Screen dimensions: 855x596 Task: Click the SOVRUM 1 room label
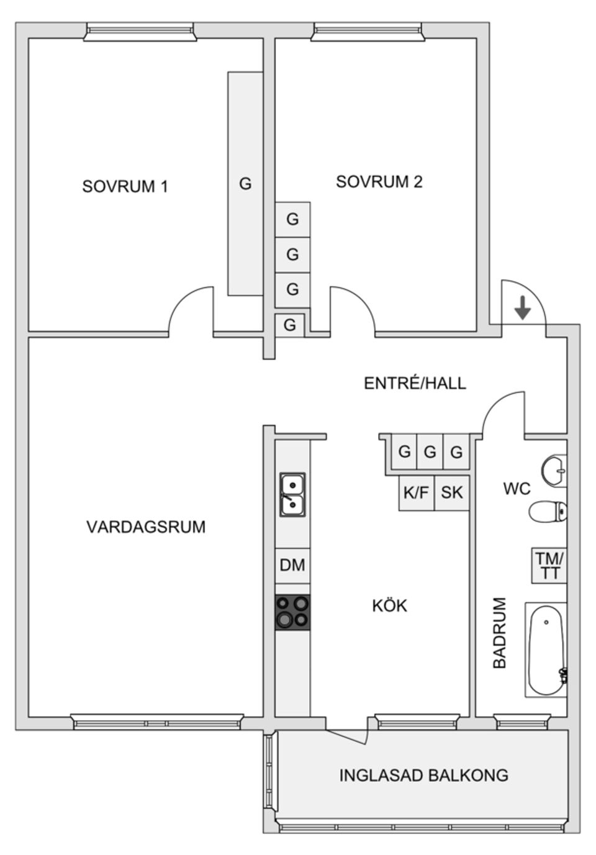coord(125,186)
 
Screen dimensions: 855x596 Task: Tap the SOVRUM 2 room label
coord(379,182)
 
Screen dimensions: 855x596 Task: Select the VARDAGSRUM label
coord(145,527)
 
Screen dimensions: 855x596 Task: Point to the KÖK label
coord(389,605)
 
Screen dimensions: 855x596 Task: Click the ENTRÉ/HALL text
coord(414,383)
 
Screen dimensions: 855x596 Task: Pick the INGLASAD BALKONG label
coord(423,776)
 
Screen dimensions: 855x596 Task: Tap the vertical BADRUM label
coord(500,633)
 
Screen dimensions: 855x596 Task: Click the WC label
coord(517,489)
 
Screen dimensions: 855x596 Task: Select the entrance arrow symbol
coord(523,307)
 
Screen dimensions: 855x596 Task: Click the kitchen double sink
coord(292,495)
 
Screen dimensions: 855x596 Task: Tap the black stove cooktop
coord(292,612)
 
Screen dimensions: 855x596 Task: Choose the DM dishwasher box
coord(292,565)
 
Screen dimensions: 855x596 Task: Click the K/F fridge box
coord(416,493)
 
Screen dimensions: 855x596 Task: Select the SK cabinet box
coord(451,493)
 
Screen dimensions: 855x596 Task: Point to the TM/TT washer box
coord(549,566)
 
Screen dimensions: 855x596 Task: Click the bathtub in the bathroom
coord(546,649)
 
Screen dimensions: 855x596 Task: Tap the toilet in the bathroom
coord(548,512)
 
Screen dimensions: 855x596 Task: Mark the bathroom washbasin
coord(554,470)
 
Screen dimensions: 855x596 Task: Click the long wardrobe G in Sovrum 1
coord(245,184)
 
